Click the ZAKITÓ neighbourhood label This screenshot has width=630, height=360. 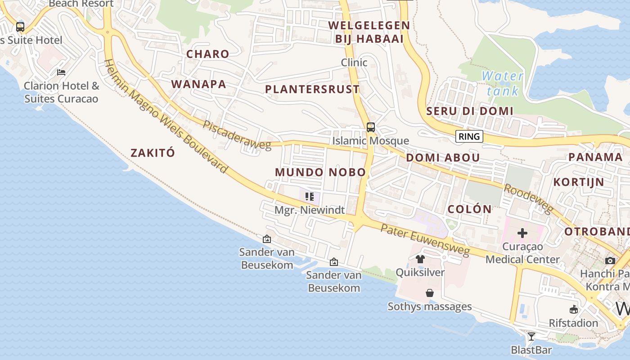tap(153, 153)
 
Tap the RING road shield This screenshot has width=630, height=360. tap(469, 136)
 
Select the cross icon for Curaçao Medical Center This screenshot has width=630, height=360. tap(522, 233)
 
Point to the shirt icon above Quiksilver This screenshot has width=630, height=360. tap(420, 259)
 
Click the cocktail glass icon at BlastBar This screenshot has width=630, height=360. tap(531, 336)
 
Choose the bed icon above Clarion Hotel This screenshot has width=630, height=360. tap(61, 72)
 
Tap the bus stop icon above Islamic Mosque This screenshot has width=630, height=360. tap(370, 127)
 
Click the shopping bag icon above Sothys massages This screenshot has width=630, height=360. tap(430, 293)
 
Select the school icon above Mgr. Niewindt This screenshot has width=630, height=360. tap(310, 196)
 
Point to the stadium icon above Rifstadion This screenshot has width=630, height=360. tap(573, 309)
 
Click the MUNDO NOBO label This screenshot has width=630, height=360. tap(320, 172)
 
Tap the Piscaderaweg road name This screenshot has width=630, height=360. tap(237, 135)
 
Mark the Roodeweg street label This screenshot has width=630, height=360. tap(528, 198)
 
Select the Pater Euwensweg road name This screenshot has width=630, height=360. tap(425, 238)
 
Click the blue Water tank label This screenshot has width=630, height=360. tap(503, 83)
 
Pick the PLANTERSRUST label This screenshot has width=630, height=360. tap(312, 89)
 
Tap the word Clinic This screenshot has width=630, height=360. tap(354, 63)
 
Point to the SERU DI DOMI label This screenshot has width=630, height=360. tap(470, 111)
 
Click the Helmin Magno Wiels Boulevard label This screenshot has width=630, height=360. tap(166, 116)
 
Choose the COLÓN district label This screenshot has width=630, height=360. tap(470, 209)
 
